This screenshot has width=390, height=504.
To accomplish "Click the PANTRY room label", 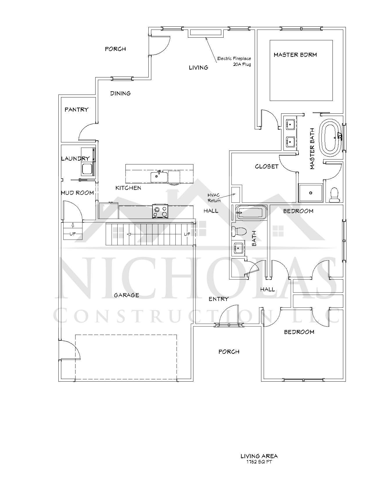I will tap(76, 110).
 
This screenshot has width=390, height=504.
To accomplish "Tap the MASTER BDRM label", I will tap(295, 55).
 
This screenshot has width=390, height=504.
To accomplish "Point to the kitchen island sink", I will tap(159, 177).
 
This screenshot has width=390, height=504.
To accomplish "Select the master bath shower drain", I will tap(311, 193).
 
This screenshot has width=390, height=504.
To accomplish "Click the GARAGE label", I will tap(126, 295).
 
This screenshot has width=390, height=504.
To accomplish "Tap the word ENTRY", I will tap(218, 299).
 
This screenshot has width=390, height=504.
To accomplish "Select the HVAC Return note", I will tap(214, 198).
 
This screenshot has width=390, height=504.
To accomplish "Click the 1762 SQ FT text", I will tap(259, 462).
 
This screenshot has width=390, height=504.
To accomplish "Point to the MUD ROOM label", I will tap(77, 193).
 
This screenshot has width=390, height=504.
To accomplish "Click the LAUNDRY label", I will tap(75, 159).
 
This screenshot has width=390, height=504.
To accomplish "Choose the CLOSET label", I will tap(267, 166).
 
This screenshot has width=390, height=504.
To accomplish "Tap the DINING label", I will tap(120, 93).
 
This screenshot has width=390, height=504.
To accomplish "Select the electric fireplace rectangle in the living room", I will tap(206, 33).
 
